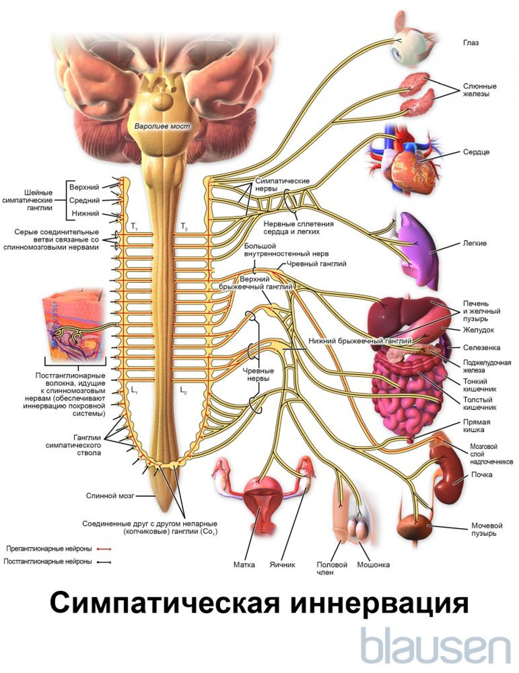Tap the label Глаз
tap(471, 43)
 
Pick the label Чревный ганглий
tap(316, 264)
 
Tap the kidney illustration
tap(448, 476)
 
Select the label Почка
tap(481, 475)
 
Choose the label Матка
tap(244, 565)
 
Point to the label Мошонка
tap(373, 565)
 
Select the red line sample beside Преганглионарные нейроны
tap(104, 549)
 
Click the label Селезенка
tap(481, 348)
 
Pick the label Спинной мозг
tap(110, 496)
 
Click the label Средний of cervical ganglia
tap(84, 200)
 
